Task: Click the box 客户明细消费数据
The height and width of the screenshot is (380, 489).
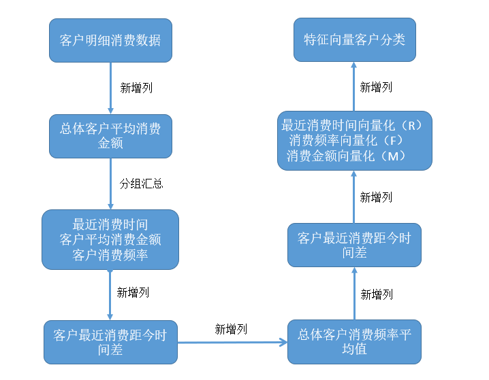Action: pyautogui.click(x=110, y=40)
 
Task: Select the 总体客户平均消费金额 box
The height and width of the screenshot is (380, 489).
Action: pyautogui.click(x=110, y=136)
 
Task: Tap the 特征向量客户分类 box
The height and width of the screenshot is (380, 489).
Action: pyautogui.click(x=354, y=39)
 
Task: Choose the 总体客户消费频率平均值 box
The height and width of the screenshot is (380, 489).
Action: pyautogui.click(x=354, y=341)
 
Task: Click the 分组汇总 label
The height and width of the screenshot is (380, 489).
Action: pyautogui.click(x=141, y=184)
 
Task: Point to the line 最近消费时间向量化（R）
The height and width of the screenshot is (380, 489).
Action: pyautogui.click(x=353, y=126)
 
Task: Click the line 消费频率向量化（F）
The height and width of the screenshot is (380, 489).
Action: pyautogui.click(x=347, y=141)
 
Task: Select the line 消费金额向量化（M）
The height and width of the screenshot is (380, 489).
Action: pyautogui.click(x=347, y=156)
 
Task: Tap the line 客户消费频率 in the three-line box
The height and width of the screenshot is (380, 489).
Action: pyautogui.click(x=110, y=255)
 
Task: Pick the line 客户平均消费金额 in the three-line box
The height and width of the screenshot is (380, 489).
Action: pyautogui.click(x=110, y=239)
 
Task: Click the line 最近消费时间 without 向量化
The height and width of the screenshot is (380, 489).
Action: pyautogui.click(x=110, y=224)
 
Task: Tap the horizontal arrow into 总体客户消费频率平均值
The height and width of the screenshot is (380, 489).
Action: pyautogui.click(x=232, y=342)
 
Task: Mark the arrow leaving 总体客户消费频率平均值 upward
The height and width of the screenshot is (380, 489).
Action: pyautogui.click(x=354, y=293)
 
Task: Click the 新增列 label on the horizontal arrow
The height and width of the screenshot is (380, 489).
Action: pyautogui.click(x=231, y=329)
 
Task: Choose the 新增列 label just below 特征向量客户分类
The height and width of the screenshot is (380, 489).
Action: pyautogui.click(x=376, y=87)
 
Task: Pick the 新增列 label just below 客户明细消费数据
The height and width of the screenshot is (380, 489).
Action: pyautogui.click(x=137, y=87)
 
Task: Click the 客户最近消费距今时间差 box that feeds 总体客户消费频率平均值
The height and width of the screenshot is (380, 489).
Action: pyautogui.click(x=110, y=342)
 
